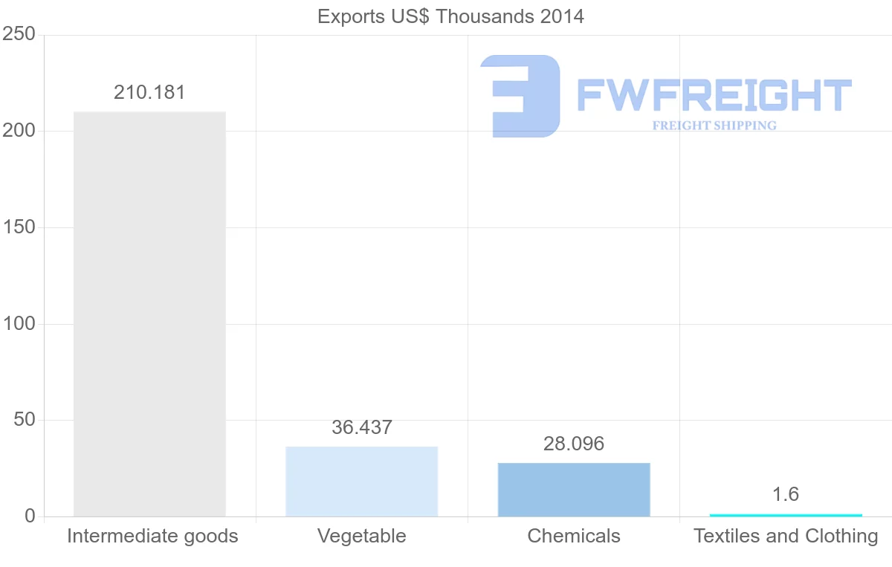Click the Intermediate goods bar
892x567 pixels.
[149, 314]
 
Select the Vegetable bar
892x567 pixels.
[361, 482]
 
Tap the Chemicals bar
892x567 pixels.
[574, 490]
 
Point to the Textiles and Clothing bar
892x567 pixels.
[786, 515]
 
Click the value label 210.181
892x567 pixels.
[149, 93]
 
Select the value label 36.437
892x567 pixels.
[362, 428]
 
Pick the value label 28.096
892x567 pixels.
[574, 444]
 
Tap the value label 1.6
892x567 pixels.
[786, 495]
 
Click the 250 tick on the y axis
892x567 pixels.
[19, 34]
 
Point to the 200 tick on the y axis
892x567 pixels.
[19, 131]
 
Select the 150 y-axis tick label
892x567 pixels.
[19, 227]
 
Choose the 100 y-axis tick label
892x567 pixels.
[19, 324]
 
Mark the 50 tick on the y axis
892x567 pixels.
[25, 420]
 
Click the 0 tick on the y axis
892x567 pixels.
[30, 516]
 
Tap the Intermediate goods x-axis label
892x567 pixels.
[152, 536]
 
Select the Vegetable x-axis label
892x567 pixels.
[362, 536]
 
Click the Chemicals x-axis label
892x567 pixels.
[574, 536]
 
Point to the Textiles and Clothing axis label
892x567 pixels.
[786, 536]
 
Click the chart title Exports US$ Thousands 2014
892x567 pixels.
[451, 16]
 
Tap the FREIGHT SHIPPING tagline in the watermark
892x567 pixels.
[714, 126]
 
